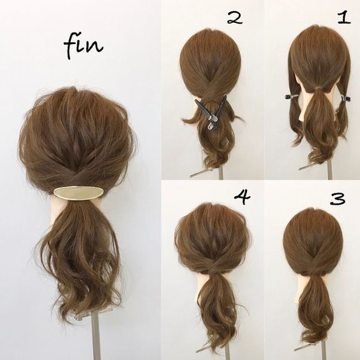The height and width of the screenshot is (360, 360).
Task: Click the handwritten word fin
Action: tap(83, 47)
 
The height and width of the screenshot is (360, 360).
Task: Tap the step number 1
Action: tap(343, 18)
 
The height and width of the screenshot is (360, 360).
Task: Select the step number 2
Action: tap(235, 18)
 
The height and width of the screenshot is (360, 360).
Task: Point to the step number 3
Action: tap(338, 199)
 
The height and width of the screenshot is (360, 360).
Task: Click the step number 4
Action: tap(242, 197)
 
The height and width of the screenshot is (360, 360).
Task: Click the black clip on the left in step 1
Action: tap(291, 96)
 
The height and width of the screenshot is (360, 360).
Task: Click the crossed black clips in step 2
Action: tap(211, 112)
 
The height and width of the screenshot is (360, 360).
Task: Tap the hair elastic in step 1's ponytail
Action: tap(319, 88)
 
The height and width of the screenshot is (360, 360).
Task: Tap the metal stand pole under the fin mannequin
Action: tap(96, 335)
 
